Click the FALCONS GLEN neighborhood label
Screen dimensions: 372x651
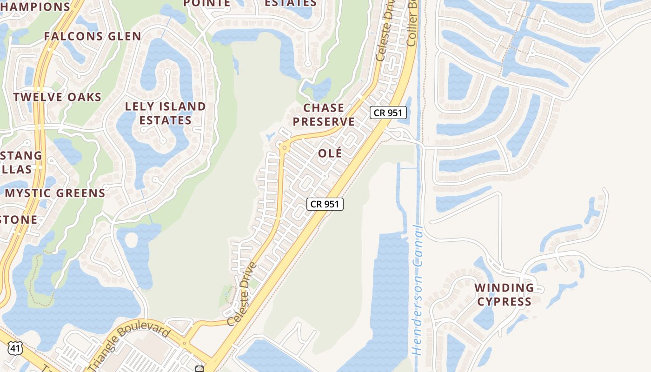coord(93,36)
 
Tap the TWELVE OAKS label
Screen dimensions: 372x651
coord(57,97)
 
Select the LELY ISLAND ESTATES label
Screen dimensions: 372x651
coord(166,113)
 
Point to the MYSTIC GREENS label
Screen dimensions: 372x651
coord(55,193)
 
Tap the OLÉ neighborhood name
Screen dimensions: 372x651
coord(330,153)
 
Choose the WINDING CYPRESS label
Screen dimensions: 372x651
coord(504,294)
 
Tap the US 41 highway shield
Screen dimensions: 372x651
coord(15,348)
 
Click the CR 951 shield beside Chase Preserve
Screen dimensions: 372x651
coord(388,113)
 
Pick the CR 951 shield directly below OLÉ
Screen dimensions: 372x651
coord(325,204)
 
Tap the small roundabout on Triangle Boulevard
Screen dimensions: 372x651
coord(185,344)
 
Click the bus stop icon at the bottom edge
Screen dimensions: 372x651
coord(199,369)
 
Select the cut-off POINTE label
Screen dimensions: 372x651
coord(207,3)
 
